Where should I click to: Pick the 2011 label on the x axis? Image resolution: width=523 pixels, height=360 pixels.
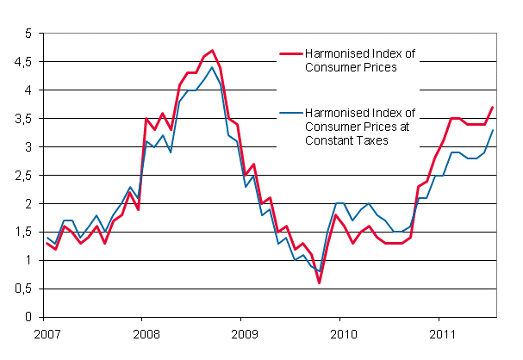(x=441, y=332)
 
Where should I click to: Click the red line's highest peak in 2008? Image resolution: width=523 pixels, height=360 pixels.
(x=212, y=51)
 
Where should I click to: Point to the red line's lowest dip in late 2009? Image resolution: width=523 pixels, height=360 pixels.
(x=319, y=282)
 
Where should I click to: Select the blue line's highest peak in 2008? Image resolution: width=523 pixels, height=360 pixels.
(x=212, y=67)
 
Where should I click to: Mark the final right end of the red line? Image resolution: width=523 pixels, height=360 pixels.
(x=492, y=107)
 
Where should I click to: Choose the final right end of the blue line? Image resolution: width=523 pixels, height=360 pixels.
(x=492, y=130)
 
